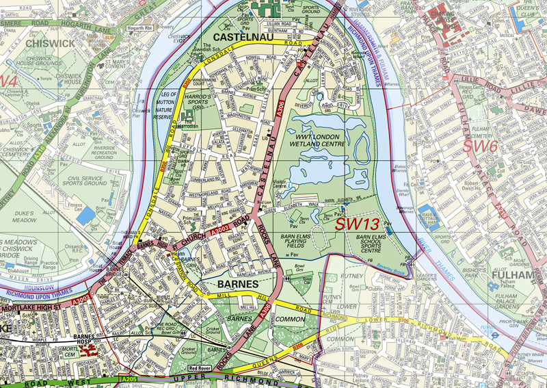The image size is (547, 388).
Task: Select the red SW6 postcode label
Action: tap(479, 146)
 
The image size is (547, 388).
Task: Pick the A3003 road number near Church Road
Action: tap(221, 233)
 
